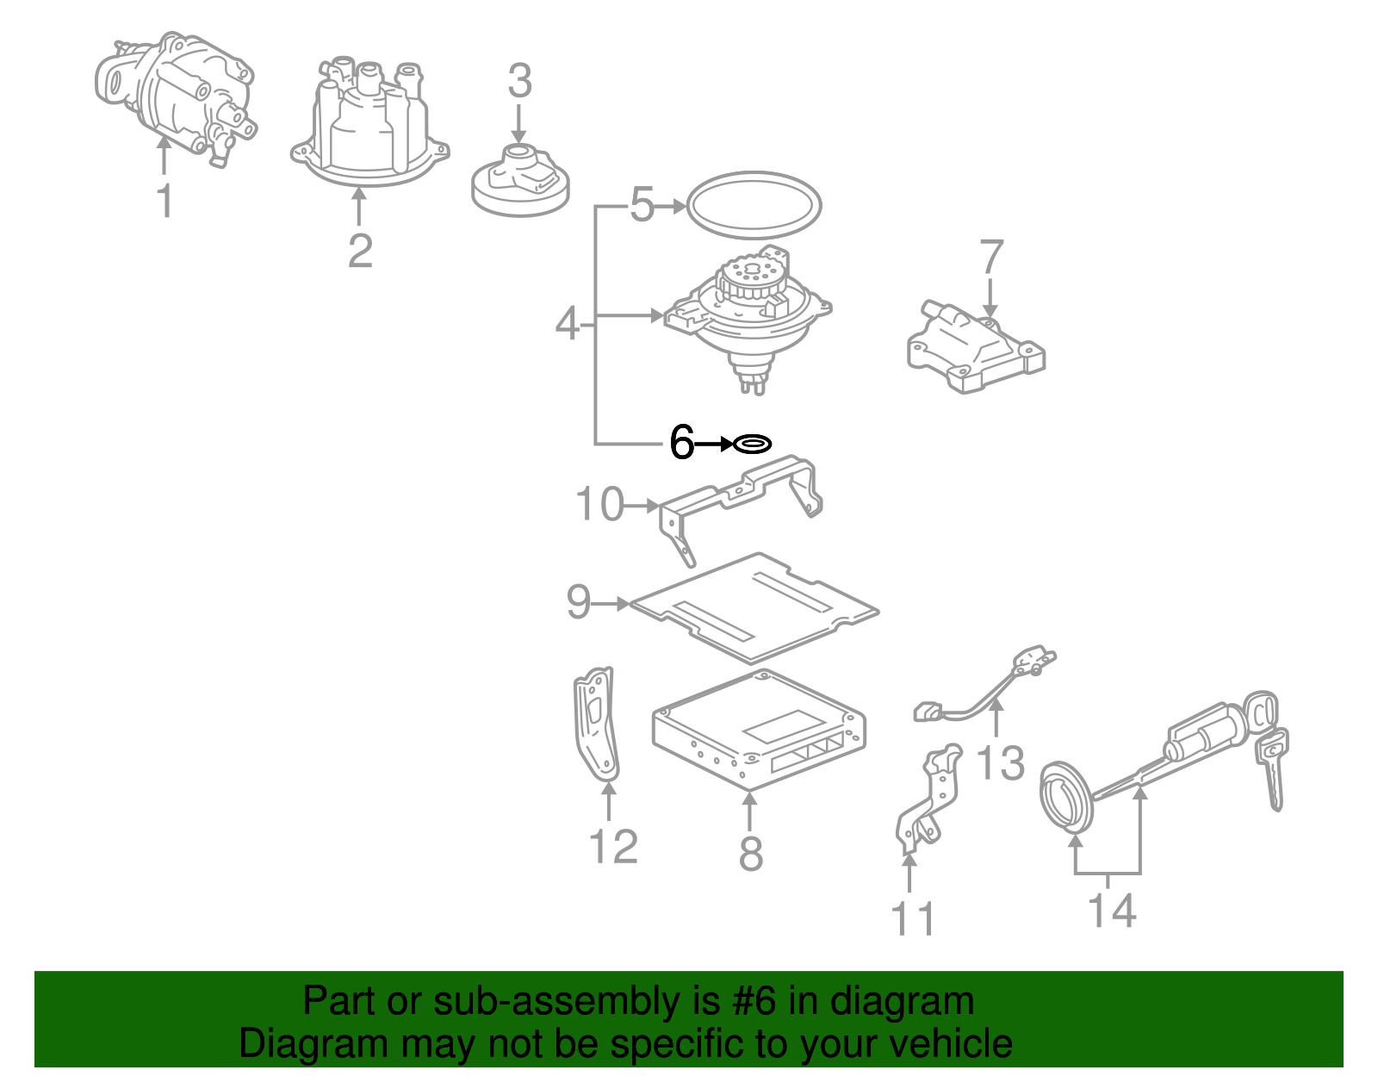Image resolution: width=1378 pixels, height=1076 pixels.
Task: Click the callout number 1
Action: coord(164,201)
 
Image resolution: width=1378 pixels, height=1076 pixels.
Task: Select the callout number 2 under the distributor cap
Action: coord(360,250)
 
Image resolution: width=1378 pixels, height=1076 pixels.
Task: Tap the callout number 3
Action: coord(519,82)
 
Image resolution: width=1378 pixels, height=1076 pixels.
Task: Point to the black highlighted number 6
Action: coord(681,444)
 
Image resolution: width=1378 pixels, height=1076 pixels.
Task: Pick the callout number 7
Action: coord(991,257)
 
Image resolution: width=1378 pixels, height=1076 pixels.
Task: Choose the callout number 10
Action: coord(599,505)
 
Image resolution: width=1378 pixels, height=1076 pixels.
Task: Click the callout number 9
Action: coord(579,601)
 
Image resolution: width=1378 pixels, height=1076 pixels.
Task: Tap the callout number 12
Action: coord(613,847)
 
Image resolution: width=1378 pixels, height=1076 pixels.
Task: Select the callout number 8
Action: coord(751,853)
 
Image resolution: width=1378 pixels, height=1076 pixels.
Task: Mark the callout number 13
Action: coord(1001,763)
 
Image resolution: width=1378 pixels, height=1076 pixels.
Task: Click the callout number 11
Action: coord(913,919)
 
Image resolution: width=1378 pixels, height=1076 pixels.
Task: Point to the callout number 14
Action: coord(1112,911)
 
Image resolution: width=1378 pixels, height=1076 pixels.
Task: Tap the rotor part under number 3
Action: coord(520,182)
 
